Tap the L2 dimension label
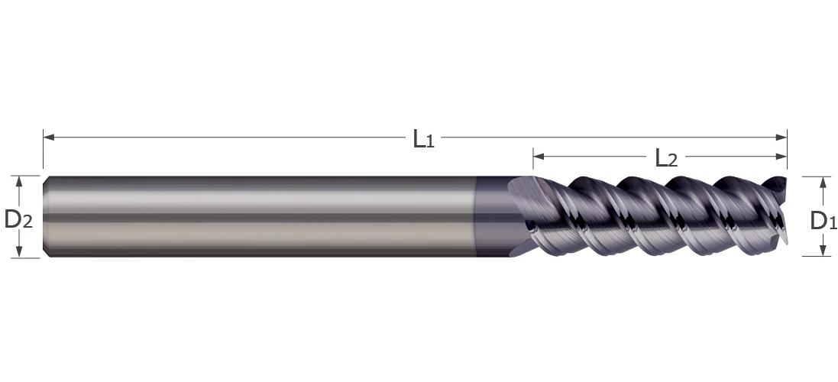[666, 158]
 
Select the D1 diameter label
[823, 221]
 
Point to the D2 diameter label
[18, 219]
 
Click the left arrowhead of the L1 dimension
[49, 138]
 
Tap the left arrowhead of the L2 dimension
[539, 157]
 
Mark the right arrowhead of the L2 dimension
[781, 157]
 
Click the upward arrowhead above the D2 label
[19, 182]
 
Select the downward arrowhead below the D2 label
[19, 251]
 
